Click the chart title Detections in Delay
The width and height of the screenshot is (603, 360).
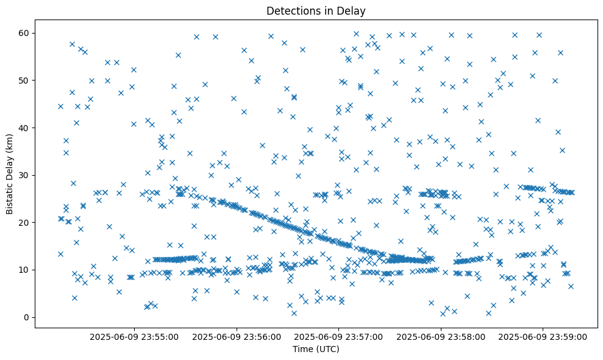coord(316,10)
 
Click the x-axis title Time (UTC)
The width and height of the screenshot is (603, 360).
coord(316,349)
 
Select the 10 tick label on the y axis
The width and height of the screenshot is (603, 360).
coord(26,270)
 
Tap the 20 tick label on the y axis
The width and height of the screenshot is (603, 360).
coord(26,222)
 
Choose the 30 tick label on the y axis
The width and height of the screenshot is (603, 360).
coord(26,175)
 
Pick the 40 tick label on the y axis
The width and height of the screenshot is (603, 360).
coord(26,128)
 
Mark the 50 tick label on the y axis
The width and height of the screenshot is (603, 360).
coord(26,80)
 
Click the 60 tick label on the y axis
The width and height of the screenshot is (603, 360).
coord(26,33)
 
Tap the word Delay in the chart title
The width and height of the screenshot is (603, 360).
coord(353,10)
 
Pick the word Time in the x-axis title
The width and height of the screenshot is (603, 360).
coord(302,349)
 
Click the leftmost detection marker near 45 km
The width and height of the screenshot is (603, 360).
coord(60,106)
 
